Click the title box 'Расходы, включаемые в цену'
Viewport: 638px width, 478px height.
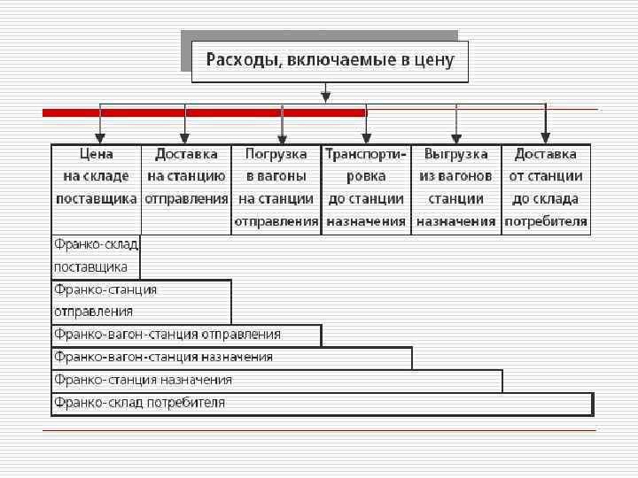pyautogui.click(x=330, y=61)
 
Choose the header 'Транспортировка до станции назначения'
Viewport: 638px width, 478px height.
pyautogui.click(x=366, y=188)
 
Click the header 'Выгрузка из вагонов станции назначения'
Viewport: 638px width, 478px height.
pyautogui.click(x=456, y=188)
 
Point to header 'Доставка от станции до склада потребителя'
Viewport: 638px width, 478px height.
pyautogui.click(x=546, y=188)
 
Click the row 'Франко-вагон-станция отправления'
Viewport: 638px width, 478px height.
pyautogui.click(x=186, y=335)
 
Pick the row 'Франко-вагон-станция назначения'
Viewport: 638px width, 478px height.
pyautogui.click(x=231, y=358)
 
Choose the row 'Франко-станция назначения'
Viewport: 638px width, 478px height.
pyautogui.click(x=276, y=381)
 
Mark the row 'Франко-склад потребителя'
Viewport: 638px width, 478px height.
pyautogui.click(x=322, y=404)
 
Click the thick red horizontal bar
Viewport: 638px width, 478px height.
pyautogui.click(x=204, y=112)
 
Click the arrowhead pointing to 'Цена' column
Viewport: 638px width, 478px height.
pyautogui.click(x=100, y=138)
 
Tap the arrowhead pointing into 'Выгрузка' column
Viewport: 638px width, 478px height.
pyautogui.click(x=456, y=138)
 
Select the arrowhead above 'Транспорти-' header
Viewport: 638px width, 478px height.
pyautogui.click(x=365, y=138)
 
